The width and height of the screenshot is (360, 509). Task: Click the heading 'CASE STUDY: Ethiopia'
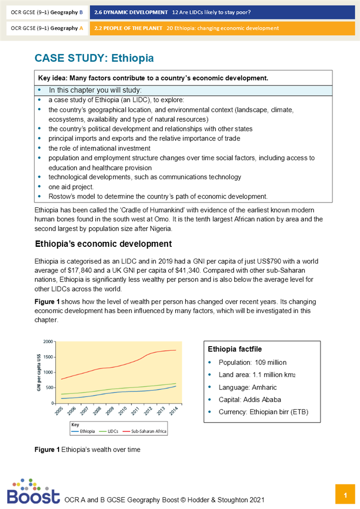(x=94, y=58)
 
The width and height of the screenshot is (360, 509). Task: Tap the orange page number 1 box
(x=345, y=495)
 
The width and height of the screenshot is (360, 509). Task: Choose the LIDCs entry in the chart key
(x=112, y=431)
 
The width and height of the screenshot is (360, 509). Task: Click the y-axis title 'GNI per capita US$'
(x=39, y=372)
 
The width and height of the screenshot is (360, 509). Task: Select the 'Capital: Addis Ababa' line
(x=250, y=400)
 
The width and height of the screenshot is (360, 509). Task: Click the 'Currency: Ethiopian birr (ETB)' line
(x=263, y=412)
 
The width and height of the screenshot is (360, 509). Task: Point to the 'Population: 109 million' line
(x=253, y=362)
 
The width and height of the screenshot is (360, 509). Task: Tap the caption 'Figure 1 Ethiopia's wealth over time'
(x=87, y=449)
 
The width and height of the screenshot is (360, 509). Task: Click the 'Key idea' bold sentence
(x=153, y=78)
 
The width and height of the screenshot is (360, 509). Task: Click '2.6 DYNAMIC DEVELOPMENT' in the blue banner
(x=131, y=12)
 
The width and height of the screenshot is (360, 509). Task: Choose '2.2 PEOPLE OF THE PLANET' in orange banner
(x=128, y=28)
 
